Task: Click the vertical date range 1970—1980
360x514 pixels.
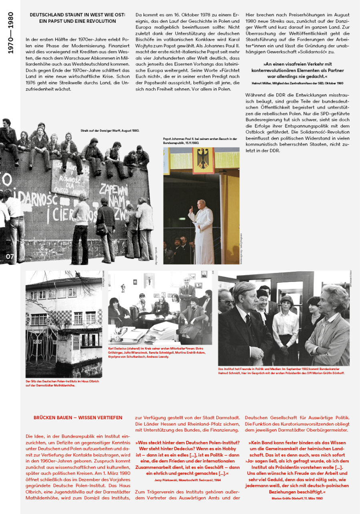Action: tap(11, 33)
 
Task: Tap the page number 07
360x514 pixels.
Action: tap(10, 256)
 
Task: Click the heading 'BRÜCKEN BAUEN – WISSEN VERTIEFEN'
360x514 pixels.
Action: tap(78, 418)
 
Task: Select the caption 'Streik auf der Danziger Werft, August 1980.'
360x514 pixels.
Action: tap(110, 130)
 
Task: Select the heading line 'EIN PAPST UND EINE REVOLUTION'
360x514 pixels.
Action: tap(78, 21)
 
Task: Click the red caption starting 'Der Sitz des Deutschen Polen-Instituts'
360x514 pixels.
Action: tap(62, 383)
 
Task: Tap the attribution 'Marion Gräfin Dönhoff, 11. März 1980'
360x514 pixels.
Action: tap(297, 498)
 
